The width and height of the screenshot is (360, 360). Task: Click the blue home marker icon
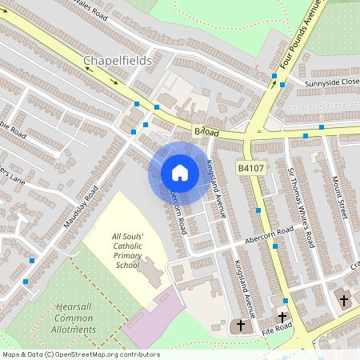tap(180, 173)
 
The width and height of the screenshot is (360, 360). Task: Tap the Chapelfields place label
tap(118, 61)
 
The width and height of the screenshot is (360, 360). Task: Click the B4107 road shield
tap(250, 168)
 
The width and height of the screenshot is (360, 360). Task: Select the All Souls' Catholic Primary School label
tap(126, 250)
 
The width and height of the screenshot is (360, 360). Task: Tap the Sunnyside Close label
tap(331, 82)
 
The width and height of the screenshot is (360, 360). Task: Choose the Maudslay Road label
tap(82, 206)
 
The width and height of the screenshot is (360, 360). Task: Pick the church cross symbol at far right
tap(344, 301)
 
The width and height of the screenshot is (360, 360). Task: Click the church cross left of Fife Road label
tap(241, 326)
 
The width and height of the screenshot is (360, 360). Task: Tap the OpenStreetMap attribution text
tap(81, 354)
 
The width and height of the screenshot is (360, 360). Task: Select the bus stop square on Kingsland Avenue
tap(258, 210)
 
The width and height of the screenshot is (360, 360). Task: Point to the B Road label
tap(206, 131)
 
